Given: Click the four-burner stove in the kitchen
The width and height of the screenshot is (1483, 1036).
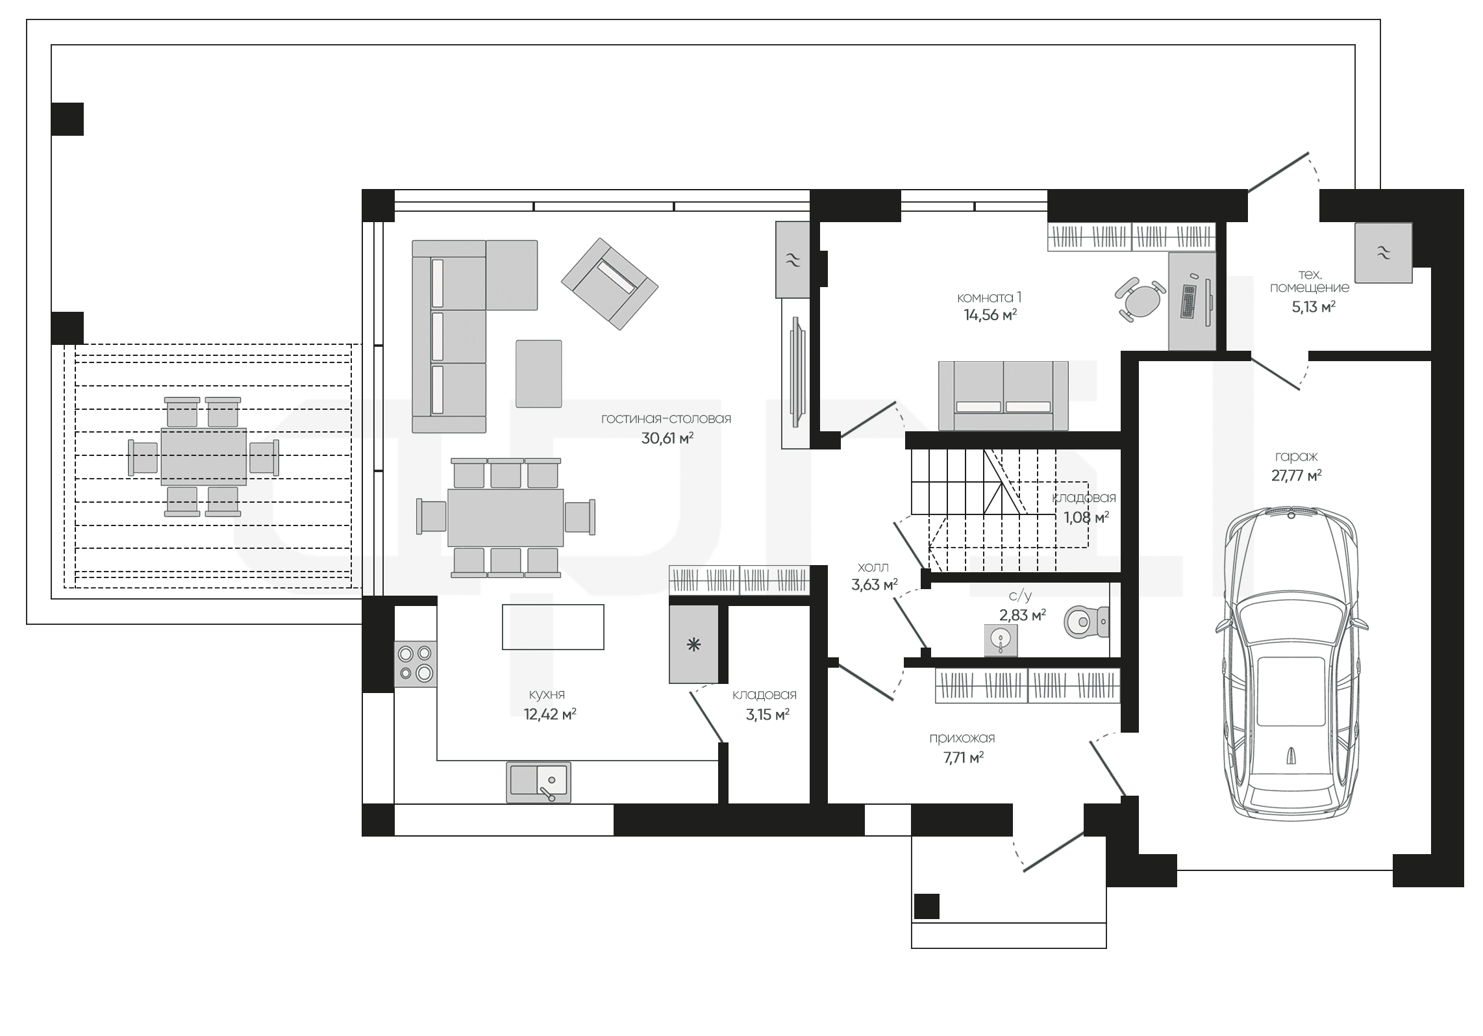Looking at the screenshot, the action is click(416, 664).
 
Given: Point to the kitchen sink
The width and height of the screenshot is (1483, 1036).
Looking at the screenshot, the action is click(538, 782).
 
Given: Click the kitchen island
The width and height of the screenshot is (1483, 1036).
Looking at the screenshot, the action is click(553, 627).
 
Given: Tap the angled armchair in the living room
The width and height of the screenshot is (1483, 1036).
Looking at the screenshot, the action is click(610, 284).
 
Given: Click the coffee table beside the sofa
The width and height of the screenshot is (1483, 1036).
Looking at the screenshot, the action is click(539, 373).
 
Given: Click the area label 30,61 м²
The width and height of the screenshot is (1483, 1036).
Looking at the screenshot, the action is click(667, 438).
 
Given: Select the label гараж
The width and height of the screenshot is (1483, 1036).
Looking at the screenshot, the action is click(1295, 457).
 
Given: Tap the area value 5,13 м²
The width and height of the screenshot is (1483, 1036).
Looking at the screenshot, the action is click(1313, 307).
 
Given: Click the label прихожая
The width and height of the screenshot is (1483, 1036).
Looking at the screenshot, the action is click(962, 739).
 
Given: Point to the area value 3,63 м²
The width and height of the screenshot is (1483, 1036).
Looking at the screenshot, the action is click(874, 585).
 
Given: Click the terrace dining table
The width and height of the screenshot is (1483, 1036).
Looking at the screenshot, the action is click(204, 457).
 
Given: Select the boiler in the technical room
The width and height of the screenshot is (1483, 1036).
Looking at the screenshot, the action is click(1383, 253).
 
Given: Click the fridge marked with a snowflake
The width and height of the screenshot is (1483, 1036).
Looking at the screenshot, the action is click(694, 644).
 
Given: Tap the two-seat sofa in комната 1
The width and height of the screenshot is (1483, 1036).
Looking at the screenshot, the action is click(1003, 396).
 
